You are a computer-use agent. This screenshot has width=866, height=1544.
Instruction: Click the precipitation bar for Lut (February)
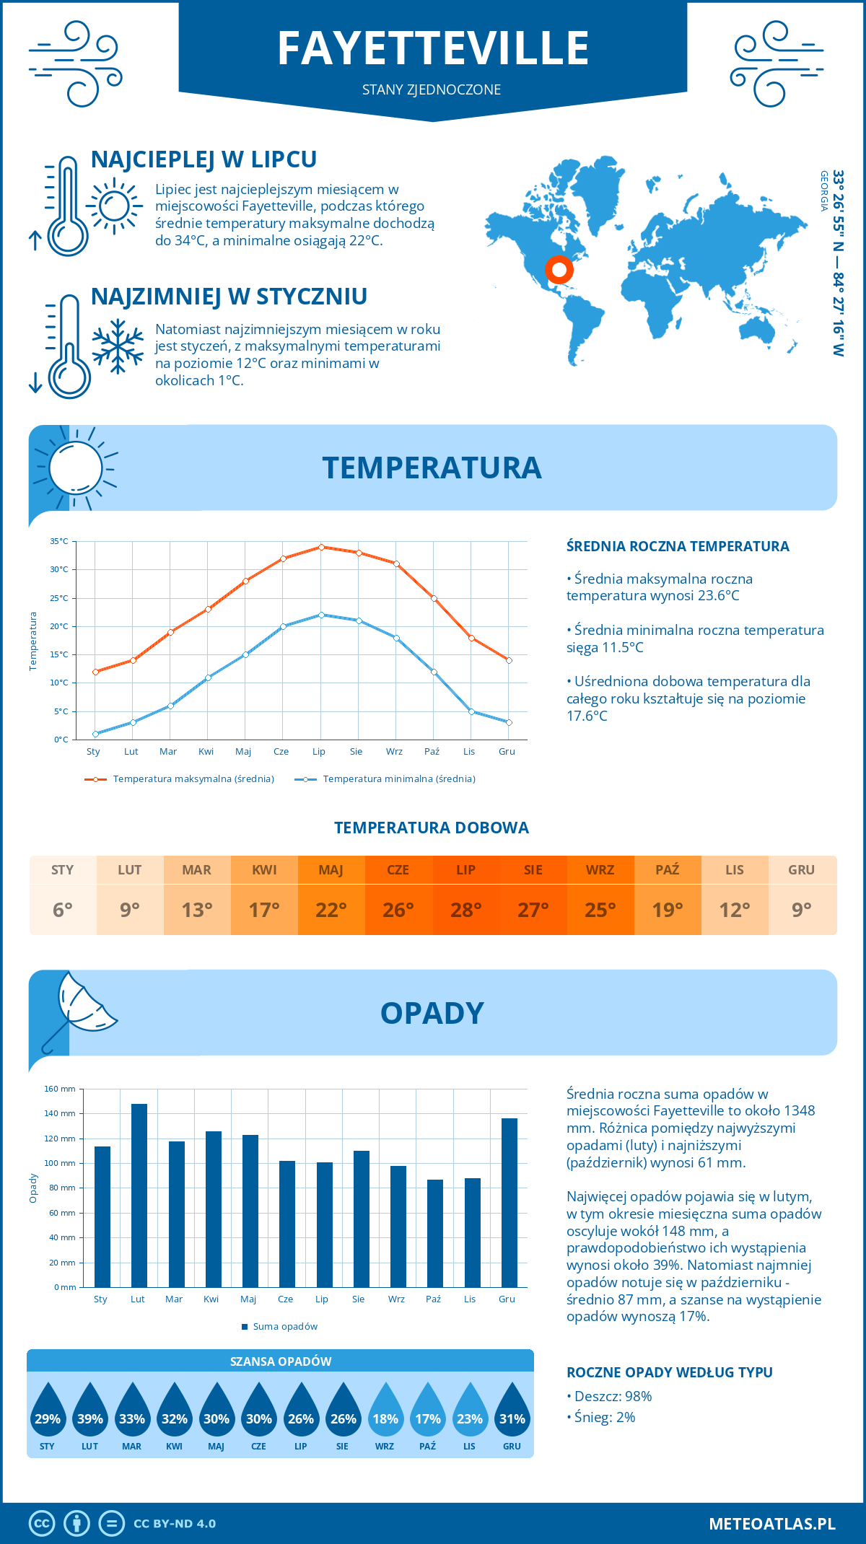click(x=139, y=1196)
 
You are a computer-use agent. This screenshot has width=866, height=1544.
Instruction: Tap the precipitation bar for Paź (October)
click(x=435, y=1233)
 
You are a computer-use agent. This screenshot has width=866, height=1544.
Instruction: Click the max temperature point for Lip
click(x=321, y=547)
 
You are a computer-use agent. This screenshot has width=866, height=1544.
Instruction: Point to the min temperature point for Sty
click(x=95, y=734)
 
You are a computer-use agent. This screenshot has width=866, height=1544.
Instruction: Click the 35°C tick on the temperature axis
click(x=59, y=541)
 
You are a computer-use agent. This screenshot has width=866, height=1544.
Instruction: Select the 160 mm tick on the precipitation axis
click(x=61, y=1089)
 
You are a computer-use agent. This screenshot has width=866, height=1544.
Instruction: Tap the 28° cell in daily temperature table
click(x=466, y=910)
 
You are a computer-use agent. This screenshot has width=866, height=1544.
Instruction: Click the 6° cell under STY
click(x=63, y=910)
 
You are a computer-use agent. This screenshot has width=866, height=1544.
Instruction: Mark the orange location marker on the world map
click(x=559, y=270)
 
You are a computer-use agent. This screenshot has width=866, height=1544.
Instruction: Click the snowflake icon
click(x=118, y=347)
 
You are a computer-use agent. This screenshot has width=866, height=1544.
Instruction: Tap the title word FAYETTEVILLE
click(x=433, y=49)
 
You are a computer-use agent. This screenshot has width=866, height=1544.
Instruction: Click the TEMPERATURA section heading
click(x=432, y=468)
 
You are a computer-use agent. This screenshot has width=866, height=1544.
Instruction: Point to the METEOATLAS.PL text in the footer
click(x=771, y=1524)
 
